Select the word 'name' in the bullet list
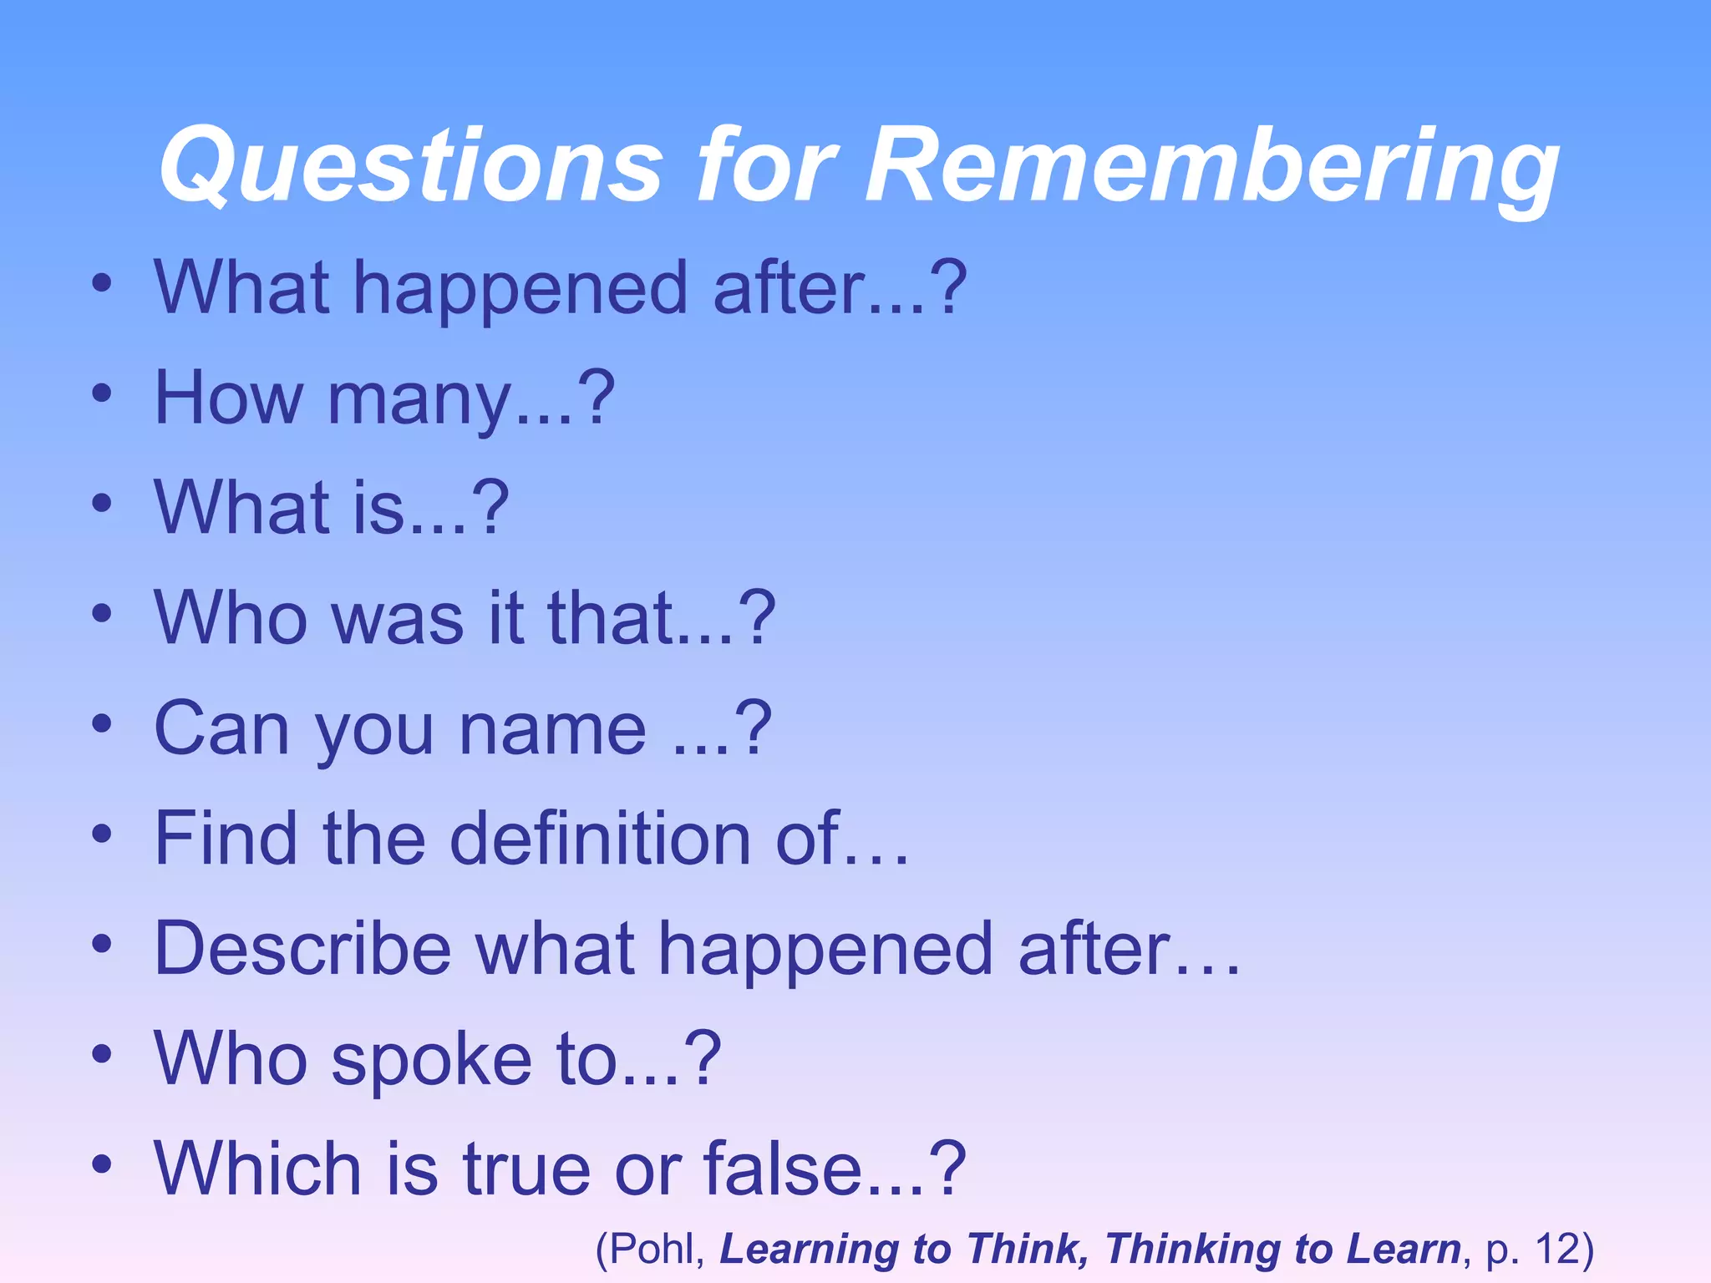click(x=552, y=728)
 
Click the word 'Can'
click(x=221, y=728)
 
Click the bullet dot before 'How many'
click(x=102, y=394)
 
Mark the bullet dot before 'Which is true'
click(x=102, y=1164)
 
